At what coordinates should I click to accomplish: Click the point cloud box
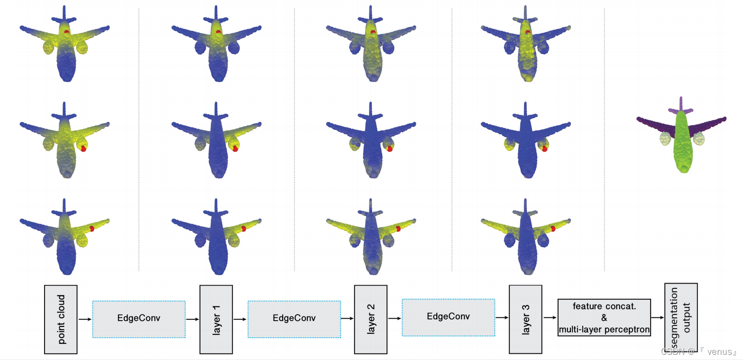pos(61,319)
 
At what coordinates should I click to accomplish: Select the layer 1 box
pos(216,319)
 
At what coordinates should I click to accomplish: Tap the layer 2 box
pos(371,319)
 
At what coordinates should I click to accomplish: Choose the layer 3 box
pos(525,319)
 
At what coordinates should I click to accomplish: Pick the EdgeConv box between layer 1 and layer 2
pos(294,319)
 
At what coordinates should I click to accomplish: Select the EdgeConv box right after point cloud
pos(138,319)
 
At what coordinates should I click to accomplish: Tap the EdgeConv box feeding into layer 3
pos(448,317)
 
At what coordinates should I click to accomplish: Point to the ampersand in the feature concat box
pos(604,318)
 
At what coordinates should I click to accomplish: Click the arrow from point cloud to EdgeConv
pos(85,319)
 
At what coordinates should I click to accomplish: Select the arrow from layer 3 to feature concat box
pos(550,318)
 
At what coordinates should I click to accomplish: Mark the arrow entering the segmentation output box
pos(658,318)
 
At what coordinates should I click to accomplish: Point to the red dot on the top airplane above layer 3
pos(528,32)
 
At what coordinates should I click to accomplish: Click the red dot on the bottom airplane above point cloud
pos(92,228)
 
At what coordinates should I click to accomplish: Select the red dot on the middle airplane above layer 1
pos(235,148)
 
